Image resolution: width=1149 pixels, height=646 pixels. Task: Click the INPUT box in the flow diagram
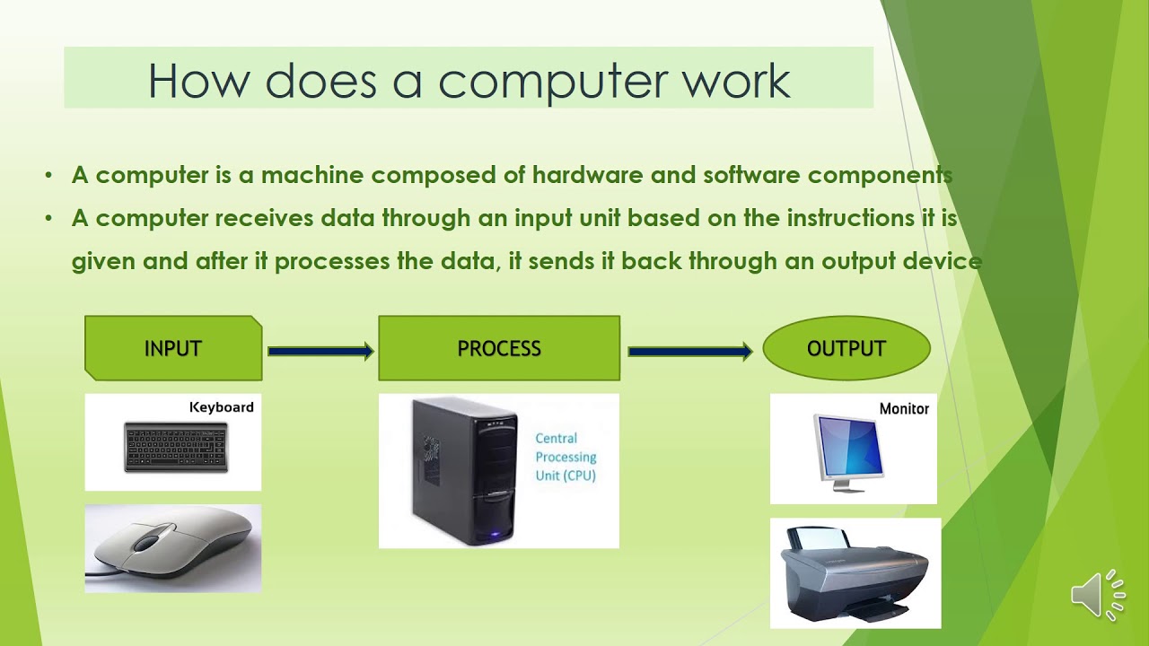[x=173, y=348]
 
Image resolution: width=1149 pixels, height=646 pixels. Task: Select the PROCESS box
[x=499, y=348]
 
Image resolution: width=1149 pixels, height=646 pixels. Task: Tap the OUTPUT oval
[x=846, y=348]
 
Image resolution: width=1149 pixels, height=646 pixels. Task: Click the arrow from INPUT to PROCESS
[x=320, y=351]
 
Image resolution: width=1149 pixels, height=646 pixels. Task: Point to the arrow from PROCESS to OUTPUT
[x=689, y=351]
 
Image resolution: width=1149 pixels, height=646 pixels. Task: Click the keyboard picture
[x=176, y=447]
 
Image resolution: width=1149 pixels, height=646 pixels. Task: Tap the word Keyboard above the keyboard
[x=222, y=407]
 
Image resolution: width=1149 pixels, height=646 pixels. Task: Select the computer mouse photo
[x=173, y=547]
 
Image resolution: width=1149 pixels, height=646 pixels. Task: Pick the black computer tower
[x=464, y=471]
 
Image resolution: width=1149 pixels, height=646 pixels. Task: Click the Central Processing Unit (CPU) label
[x=566, y=457]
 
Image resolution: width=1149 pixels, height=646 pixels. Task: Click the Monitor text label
[x=904, y=408]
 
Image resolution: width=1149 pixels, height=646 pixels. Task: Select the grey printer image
[x=854, y=574]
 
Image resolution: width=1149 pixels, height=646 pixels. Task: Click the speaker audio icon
[x=1097, y=594]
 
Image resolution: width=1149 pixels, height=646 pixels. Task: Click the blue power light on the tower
[x=491, y=537]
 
